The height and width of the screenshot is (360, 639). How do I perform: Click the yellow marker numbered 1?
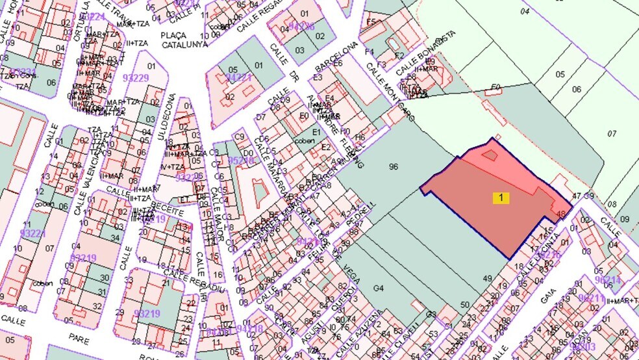coord(501,198)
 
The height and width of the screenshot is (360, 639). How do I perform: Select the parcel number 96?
coord(393,167)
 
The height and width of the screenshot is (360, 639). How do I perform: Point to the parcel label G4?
coord(379,288)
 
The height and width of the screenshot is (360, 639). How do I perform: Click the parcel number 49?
coord(487,279)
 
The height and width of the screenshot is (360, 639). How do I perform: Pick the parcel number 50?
coord(464,304)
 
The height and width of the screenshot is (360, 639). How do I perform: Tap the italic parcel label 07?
coord(611,134)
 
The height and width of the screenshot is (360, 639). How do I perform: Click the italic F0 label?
coord(496,86)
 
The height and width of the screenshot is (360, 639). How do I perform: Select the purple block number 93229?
coord(136,78)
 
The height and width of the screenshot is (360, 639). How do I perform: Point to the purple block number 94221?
coord(238,77)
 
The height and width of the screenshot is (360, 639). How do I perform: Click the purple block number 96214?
coord(607,279)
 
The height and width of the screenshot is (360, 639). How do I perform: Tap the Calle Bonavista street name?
coord(425,51)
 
